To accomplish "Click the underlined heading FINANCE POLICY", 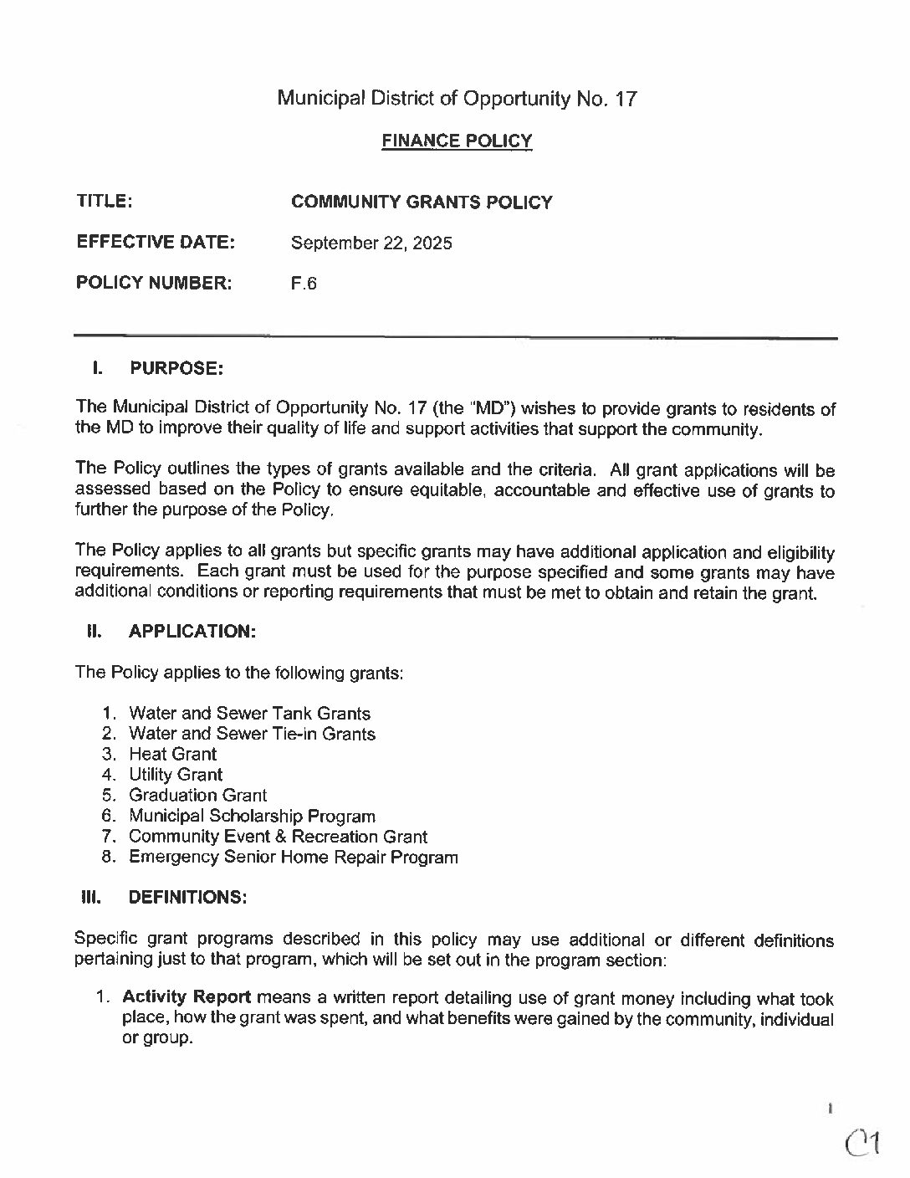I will (457, 141).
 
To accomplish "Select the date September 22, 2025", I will (371, 243).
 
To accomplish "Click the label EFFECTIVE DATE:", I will (156, 243).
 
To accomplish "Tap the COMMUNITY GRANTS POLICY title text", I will (422, 202).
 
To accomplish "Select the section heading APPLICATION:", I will (192, 632).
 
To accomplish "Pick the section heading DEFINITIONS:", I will (187, 897).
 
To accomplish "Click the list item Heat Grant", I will (172, 754).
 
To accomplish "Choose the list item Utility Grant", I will (176, 775).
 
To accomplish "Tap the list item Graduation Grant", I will (198, 795).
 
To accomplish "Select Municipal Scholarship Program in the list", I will (252, 816).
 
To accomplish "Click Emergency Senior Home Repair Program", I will (294, 857).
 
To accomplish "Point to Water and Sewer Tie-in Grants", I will (252, 734).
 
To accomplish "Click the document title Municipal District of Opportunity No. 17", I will (457, 99).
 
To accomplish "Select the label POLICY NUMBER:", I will (154, 284).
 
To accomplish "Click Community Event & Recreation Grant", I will (278, 837).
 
